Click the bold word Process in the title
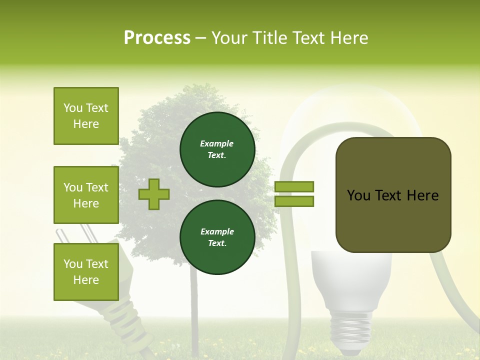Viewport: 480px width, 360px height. point(157,38)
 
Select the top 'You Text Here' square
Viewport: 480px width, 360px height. point(86,116)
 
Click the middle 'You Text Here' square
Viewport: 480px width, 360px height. point(86,195)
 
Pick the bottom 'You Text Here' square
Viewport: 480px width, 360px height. point(86,271)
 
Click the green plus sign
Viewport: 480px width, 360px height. point(154,194)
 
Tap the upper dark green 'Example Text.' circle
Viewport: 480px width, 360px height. point(217,149)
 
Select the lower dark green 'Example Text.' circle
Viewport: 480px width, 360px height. point(217,237)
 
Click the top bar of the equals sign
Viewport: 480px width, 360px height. point(294,186)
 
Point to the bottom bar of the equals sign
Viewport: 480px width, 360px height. point(294,201)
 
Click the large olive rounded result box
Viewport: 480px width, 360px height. point(393,195)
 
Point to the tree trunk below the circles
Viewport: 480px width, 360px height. point(194,305)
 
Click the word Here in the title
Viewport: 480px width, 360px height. point(349,38)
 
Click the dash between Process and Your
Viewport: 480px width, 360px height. point(200,38)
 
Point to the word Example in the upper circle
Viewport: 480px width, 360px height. point(217,143)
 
